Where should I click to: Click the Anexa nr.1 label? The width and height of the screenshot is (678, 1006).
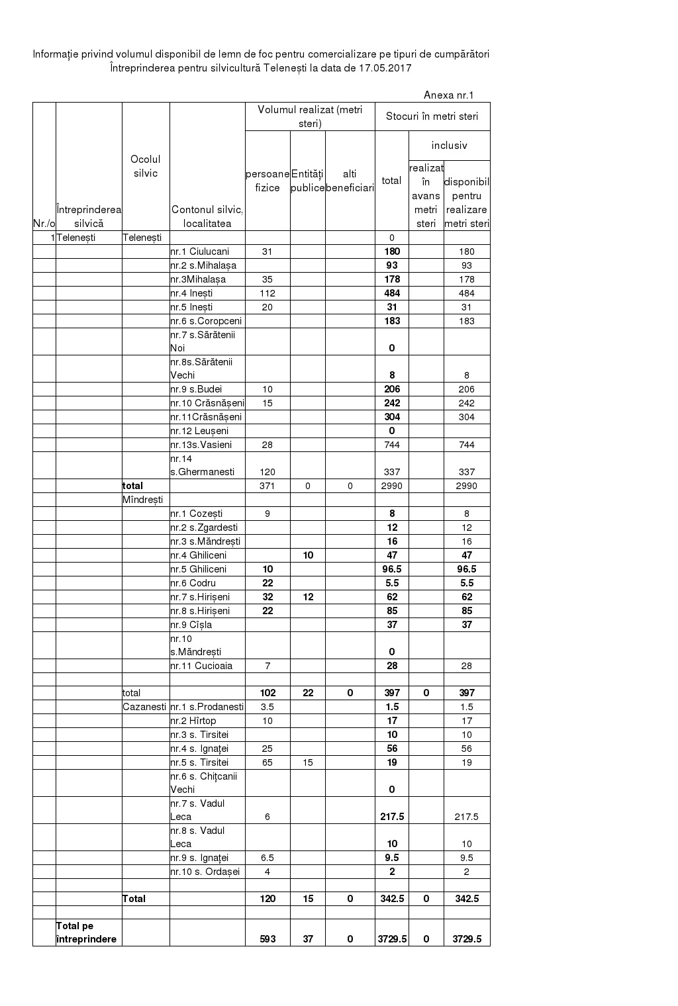tap(448, 95)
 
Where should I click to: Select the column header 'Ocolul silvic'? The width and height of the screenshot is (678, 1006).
tap(146, 166)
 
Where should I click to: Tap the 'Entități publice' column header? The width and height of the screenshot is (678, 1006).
tap(307, 181)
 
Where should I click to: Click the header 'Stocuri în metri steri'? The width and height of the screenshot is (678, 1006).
tap(432, 116)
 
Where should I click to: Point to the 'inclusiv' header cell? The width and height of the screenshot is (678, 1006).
tap(449, 145)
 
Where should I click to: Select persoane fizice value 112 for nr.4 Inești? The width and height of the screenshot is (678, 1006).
tap(267, 293)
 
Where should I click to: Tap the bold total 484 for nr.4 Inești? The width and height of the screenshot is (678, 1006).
tap(391, 293)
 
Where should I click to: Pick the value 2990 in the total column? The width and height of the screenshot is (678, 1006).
tap(391, 486)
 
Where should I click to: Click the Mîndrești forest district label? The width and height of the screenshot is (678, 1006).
tap(142, 500)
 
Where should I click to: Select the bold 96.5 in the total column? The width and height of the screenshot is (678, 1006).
tap(391, 569)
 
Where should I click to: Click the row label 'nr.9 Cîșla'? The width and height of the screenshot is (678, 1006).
tap(191, 625)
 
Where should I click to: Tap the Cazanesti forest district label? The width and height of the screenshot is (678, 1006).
tap(144, 707)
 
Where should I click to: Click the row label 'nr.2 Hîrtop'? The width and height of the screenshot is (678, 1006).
tap(193, 721)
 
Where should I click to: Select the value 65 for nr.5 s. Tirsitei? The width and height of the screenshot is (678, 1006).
tap(267, 762)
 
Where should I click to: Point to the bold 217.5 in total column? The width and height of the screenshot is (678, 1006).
tap(391, 817)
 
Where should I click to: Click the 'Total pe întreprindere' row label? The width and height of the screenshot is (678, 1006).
tap(86, 933)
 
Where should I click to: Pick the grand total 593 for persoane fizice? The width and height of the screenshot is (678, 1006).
tap(267, 939)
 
